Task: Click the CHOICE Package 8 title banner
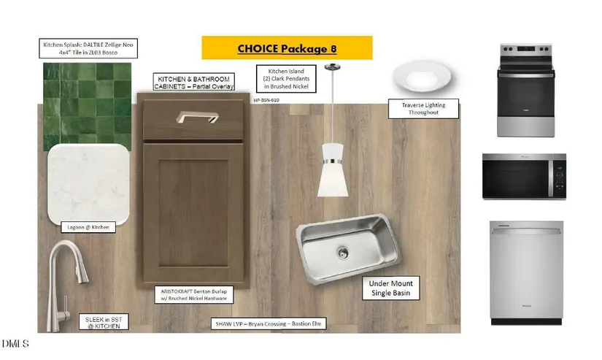(286, 48)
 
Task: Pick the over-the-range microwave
(524, 177)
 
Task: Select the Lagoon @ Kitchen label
(88, 227)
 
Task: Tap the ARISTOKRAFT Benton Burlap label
(195, 294)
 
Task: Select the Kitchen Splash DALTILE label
(88, 49)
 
